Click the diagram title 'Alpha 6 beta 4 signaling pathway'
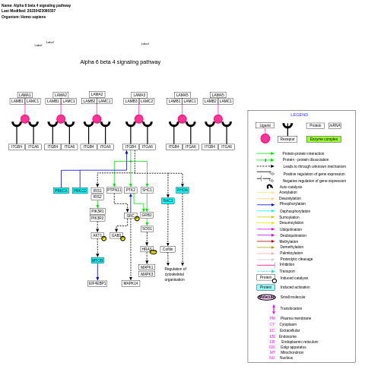pyautogui.click(x=120, y=62)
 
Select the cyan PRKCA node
pyautogui.click(x=62, y=191)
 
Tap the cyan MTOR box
pyautogui.click(x=97, y=260)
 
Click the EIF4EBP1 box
pyautogui.click(x=97, y=283)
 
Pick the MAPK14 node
pyautogui.click(x=131, y=283)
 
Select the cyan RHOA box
pyautogui.click(x=182, y=190)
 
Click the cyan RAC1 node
pyautogui.click(x=168, y=200)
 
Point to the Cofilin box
pyautogui.click(x=168, y=249)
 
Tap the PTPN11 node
pyautogui.click(x=114, y=190)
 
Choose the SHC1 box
pyautogui.click(x=147, y=190)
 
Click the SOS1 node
pyautogui.click(x=147, y=229)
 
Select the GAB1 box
pyautogui.click(x=116, y=235)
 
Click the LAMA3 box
pyautogui.click(x=139, y=95)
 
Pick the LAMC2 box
pyautogui.click(x=147, y=101)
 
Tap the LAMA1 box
pyautogui.click(x=25, y=95)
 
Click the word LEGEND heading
pyautogui.click(x=300, y=115)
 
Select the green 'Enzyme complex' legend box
pyautogui.click(x=324, y=139)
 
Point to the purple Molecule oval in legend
pyautogui.click(x=266, y=297)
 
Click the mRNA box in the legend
pyautogui.click(x=335, y=125)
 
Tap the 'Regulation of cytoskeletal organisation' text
pyautogui.click(x=175, y=274)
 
